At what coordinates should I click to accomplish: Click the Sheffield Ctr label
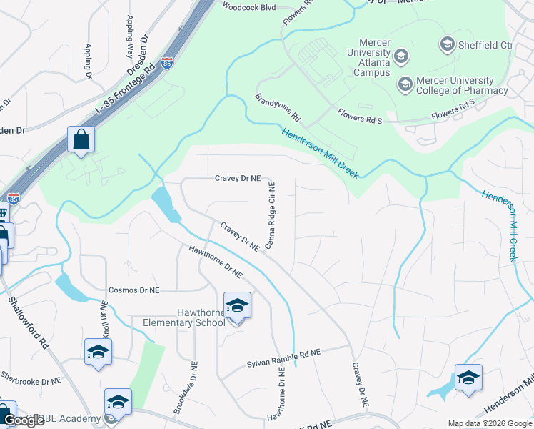[487, 45]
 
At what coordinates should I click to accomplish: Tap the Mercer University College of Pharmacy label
[454, 85]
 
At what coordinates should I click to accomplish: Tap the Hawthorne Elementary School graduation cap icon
[237, 306]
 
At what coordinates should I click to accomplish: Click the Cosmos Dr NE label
[133, 290]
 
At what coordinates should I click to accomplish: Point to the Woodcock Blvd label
[248, 6]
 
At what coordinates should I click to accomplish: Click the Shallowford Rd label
[26, 321]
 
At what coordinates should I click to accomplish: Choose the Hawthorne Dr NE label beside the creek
[216, 261]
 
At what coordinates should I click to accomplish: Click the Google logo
[24, 420]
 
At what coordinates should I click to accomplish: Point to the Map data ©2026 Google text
[490, 423]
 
